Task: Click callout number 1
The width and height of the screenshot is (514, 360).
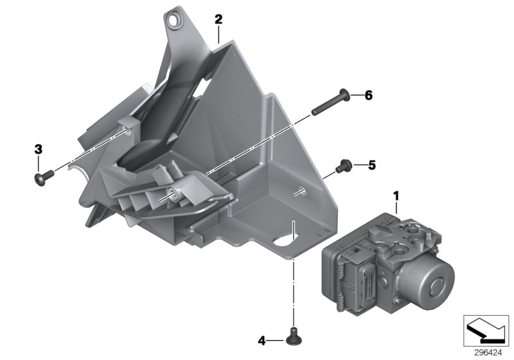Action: [x=396, y=195]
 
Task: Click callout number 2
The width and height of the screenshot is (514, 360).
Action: [x=218, y=19]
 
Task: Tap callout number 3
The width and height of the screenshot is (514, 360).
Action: [x=38, y=149]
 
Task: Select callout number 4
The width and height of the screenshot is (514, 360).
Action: [x=261, y=340]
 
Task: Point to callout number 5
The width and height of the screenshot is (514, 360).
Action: [x=371, y=165]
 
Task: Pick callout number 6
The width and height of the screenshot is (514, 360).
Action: [x=368, y=96]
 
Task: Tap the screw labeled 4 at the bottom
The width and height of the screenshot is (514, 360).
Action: [x=294, y=334]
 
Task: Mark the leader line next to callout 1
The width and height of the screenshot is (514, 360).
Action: [x=396, y=208]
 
